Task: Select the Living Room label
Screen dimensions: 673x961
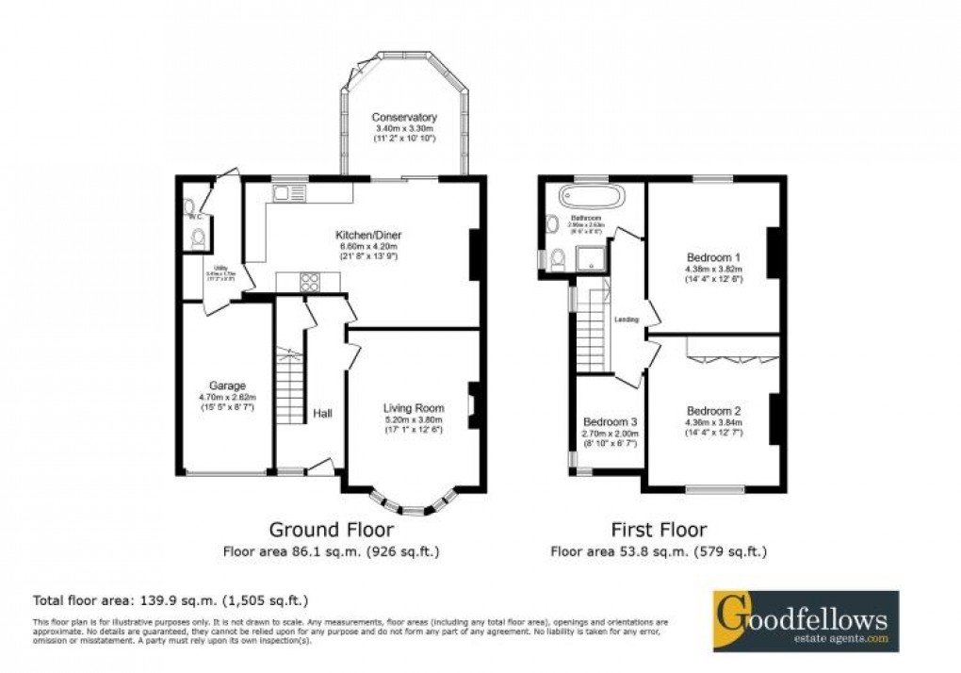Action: tap(413, 407)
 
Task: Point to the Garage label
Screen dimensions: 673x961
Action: tap(227, 386)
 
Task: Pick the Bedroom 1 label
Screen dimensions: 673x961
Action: tap(713, 257)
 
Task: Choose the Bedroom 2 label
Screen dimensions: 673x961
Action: tap(713, 411)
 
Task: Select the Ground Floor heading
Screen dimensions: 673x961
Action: tap(331, 530)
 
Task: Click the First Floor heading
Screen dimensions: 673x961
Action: tap(658, 530)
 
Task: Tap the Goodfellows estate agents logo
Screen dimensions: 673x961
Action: tap(805, 620)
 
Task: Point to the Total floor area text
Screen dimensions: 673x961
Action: tap(171, 599)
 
